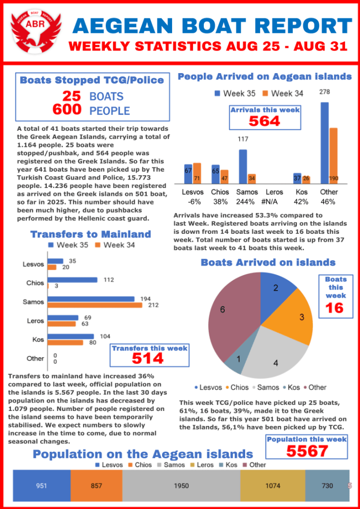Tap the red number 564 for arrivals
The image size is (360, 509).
pos(264,121)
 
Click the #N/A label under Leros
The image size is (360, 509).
pos(274,202)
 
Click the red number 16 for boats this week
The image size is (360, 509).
pos(335,308)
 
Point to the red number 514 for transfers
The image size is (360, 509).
pos(148,358)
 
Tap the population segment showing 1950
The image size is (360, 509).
pos(181,486)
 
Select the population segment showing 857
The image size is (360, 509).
pos(96,486)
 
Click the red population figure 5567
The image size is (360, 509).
pos(306,451)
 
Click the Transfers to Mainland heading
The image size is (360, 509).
pos(90,234)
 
